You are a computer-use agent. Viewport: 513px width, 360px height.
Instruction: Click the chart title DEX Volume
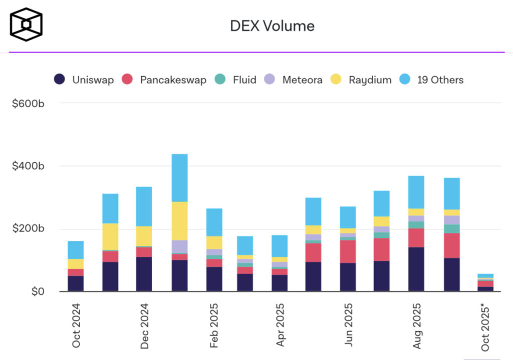point(272,26)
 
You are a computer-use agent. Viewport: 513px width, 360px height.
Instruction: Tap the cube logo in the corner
point(26,24)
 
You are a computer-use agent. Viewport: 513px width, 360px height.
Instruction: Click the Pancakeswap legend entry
point(164,80)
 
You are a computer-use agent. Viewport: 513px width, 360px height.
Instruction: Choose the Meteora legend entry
point(294,80)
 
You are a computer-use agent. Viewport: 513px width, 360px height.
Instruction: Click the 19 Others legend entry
point(431,80)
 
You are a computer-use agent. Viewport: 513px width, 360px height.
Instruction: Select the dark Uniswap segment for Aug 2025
point(416,269)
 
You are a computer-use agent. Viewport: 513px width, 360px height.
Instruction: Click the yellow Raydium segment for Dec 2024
point(144,236)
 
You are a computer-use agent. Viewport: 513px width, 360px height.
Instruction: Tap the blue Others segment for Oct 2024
point(76,250)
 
